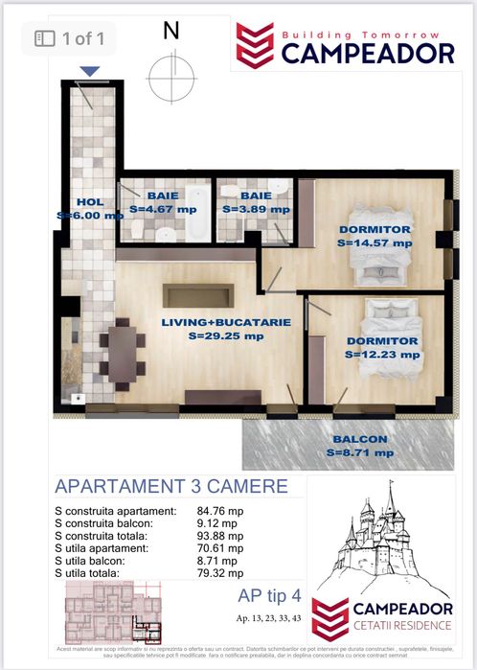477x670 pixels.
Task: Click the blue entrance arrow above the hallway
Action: click(90, 71)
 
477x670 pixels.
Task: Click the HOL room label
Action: click(89, 202)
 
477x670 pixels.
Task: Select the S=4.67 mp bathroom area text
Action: click(162, 208)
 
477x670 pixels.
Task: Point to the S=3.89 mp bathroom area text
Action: click(255, 208)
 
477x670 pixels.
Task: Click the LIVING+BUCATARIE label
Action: click(212, 323)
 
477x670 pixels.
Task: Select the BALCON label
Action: click(361, 439)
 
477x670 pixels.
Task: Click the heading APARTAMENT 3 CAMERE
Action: click(171, 486)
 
